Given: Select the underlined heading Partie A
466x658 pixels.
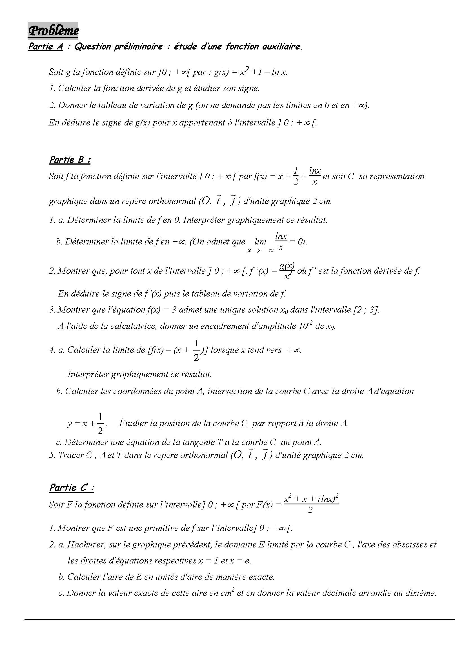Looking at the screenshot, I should click(x=45, y=47).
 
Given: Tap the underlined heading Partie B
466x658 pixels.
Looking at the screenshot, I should click(x=70, y=160).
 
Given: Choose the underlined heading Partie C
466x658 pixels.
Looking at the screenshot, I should click(x=72, y=488).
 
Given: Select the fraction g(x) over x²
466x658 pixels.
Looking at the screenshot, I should click(x=287, y=271).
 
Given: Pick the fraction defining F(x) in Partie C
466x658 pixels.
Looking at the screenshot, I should click(x=311, y=504).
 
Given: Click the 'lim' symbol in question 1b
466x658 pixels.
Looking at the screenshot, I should click(x=260, y=242).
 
